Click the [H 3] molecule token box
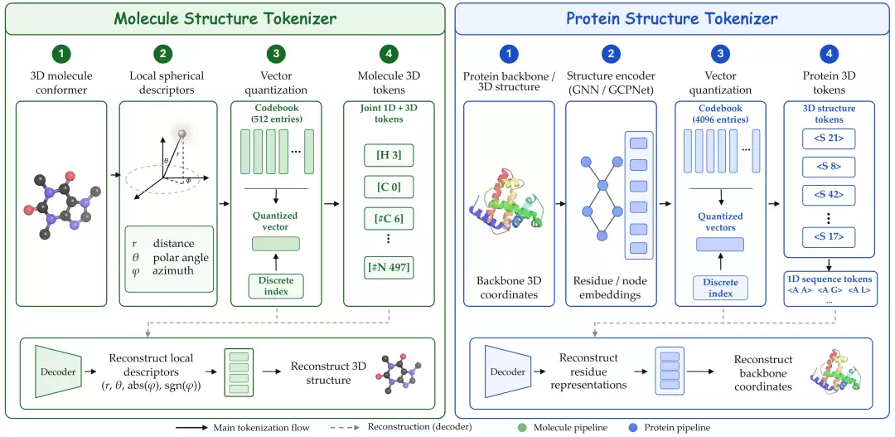point(388,155)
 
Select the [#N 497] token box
point(388,267)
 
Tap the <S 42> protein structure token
point(829,195)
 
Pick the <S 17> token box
point(829,237)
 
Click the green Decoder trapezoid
point(58,371)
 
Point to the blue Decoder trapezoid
point(507,371)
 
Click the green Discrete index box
point(276,286)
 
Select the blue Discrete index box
point(720,288)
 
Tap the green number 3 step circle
point(276,54)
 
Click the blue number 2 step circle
point(611,54)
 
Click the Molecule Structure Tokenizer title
point(225,18)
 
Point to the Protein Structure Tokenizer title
point(672,18)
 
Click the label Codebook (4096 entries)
point(720,114)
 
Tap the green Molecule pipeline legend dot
point(522,427)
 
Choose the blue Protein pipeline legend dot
point(633,427)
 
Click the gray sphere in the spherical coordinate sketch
point(182,134)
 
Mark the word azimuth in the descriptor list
point(173,270)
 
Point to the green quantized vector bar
point(276,243)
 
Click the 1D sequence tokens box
point(829,289)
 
